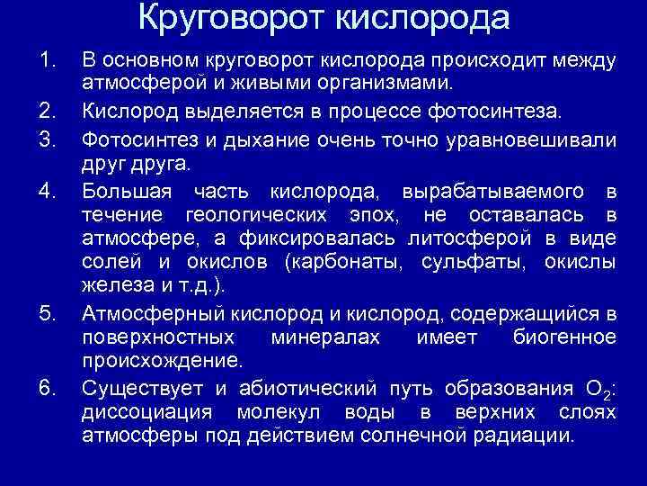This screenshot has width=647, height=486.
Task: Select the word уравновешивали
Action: (536, 139)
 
